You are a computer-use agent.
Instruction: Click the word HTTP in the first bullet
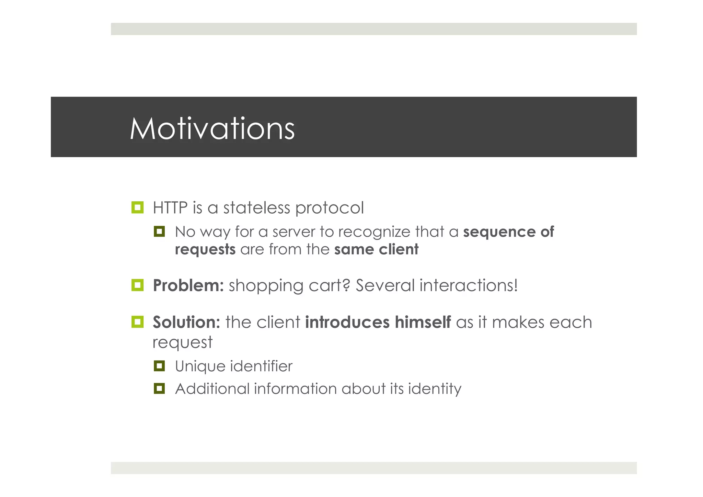click(170, 208)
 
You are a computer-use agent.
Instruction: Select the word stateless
click(257, 208)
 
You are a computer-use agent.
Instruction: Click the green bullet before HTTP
click(137, 207)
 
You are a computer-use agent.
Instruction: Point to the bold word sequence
click(499, 232)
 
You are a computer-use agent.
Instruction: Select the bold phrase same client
click(376, 249)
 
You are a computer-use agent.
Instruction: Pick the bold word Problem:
click(188, 286)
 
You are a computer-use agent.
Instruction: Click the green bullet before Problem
click(137, 285)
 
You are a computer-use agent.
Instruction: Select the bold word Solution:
click(186, 323)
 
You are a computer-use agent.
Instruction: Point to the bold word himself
click(423, 323)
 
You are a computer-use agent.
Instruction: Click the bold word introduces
click(347, 323)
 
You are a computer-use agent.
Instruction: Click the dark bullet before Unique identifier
click(159, 366)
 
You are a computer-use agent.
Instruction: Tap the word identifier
click(261, 366)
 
